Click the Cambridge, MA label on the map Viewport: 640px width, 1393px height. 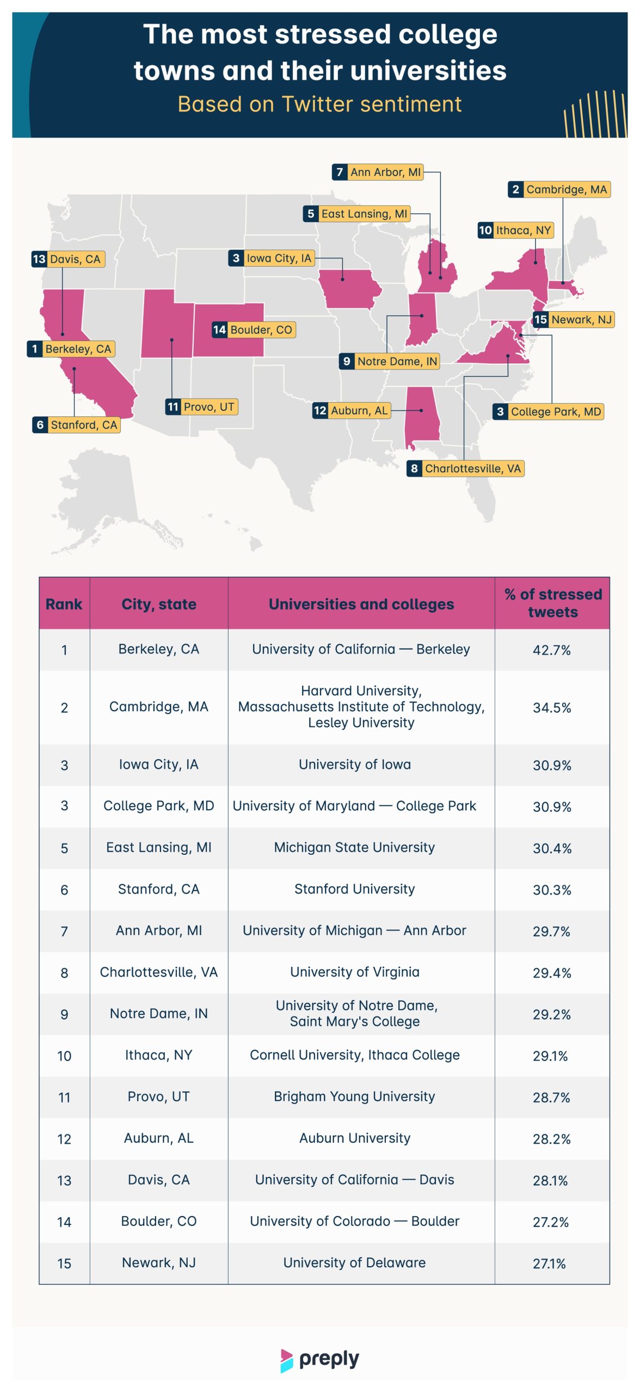pyautogui.click(x=559, y=189)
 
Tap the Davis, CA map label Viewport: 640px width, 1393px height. pyautogui.click(x=68, y=259)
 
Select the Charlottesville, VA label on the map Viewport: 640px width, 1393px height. pyautogui.click(x=466, y=469)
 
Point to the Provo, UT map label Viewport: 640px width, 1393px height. pyautogui.click(x=202, y=406)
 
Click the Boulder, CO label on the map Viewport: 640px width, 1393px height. pyautogui.click(x=254, y=330)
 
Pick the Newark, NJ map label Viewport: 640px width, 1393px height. pyautogui.click(x=574, y=319)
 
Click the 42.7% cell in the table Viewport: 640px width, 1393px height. pyautogui.click(x=552, y=650)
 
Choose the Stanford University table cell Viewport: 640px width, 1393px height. pyautogui.click(x=355, y=889)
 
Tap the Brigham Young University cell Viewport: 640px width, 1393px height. pyautogui.click(x=355, y=1096)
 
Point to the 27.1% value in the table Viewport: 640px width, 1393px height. pyautogui.click(x=550, y=1263)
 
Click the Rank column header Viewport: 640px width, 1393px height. pyautogui.click(x=64, y=604)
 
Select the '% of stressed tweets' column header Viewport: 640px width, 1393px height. pyautogui.click(x=552, y=603)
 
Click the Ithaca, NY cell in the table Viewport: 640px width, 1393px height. pyautogui.click(x=159, y=1055)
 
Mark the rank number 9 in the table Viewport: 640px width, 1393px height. pyautogui.click(x=64, y=1014)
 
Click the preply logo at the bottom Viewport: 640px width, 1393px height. pyautogui.click(x=320, y=1360)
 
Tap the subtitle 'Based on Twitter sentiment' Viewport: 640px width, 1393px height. pyautogui.click(x=320, y=104)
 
